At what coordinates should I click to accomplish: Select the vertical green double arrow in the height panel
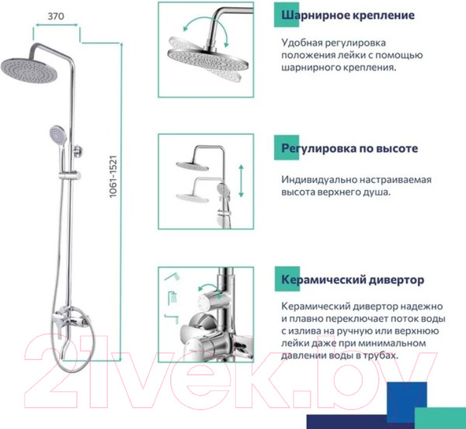click(x=241, y=182)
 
